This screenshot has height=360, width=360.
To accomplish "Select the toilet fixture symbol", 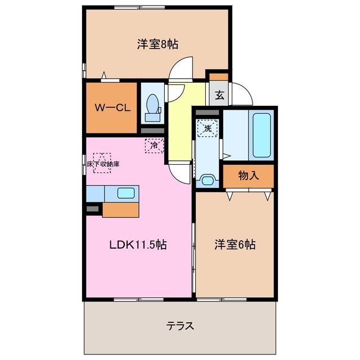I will point(152,106).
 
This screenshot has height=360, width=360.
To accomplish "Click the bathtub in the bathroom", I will point(262,135).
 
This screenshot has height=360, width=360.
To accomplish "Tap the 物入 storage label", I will point(249,175).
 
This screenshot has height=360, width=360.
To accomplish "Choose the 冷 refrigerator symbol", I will point(154,145).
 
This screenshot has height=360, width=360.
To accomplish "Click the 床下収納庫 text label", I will point(103,164).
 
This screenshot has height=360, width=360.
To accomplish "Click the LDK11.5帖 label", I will point(137,245).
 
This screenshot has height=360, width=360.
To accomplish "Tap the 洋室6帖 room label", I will point(235,245).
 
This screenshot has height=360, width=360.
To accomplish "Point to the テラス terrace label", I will point(181,326).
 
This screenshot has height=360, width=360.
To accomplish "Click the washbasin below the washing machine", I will point(208,180).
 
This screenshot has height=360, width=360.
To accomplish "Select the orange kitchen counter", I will point(121,209).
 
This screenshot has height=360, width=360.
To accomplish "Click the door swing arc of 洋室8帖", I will point(181,69).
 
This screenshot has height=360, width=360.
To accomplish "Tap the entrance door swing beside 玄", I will point(240,93).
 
